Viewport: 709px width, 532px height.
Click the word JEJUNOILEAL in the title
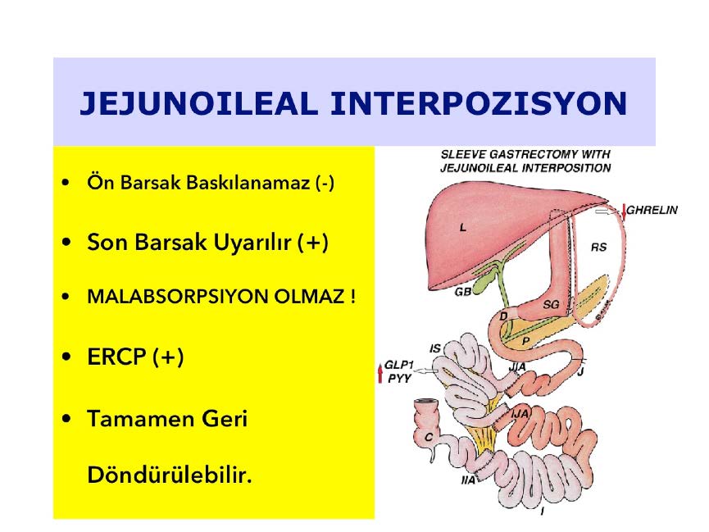point(199,103)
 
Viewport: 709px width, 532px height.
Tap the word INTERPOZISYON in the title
point(479,103)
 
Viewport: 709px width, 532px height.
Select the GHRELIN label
point(652,211)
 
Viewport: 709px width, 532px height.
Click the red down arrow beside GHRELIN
point(624,212)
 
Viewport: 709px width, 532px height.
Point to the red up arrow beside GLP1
point(380,373)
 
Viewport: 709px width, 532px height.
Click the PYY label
point(399,378)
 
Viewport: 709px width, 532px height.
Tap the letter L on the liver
point(462,228)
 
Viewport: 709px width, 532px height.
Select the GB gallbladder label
point(462,293)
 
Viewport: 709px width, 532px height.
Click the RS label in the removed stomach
point(598,247)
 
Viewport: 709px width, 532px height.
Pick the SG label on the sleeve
point(551,304)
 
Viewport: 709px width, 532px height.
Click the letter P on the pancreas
point(525,341)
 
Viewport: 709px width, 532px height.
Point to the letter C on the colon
point(428,437)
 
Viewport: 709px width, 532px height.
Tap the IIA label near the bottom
point(468,480)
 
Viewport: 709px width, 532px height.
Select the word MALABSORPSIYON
point(177,297)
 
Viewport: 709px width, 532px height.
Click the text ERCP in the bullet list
point(116,357)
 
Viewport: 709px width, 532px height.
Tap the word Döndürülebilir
point(169,475)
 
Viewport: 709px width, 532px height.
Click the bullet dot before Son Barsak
point(66,242)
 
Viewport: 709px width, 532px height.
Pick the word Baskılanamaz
point(248,183)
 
